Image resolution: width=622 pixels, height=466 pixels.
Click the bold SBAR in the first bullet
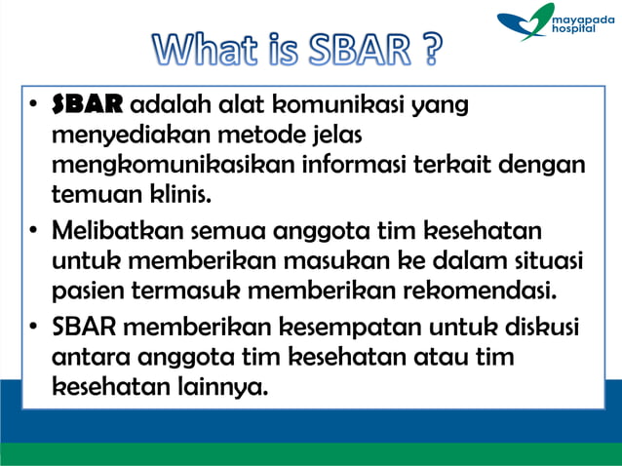88,104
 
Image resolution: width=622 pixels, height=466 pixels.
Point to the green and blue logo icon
525,22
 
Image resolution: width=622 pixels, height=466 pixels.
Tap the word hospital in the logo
576,30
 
